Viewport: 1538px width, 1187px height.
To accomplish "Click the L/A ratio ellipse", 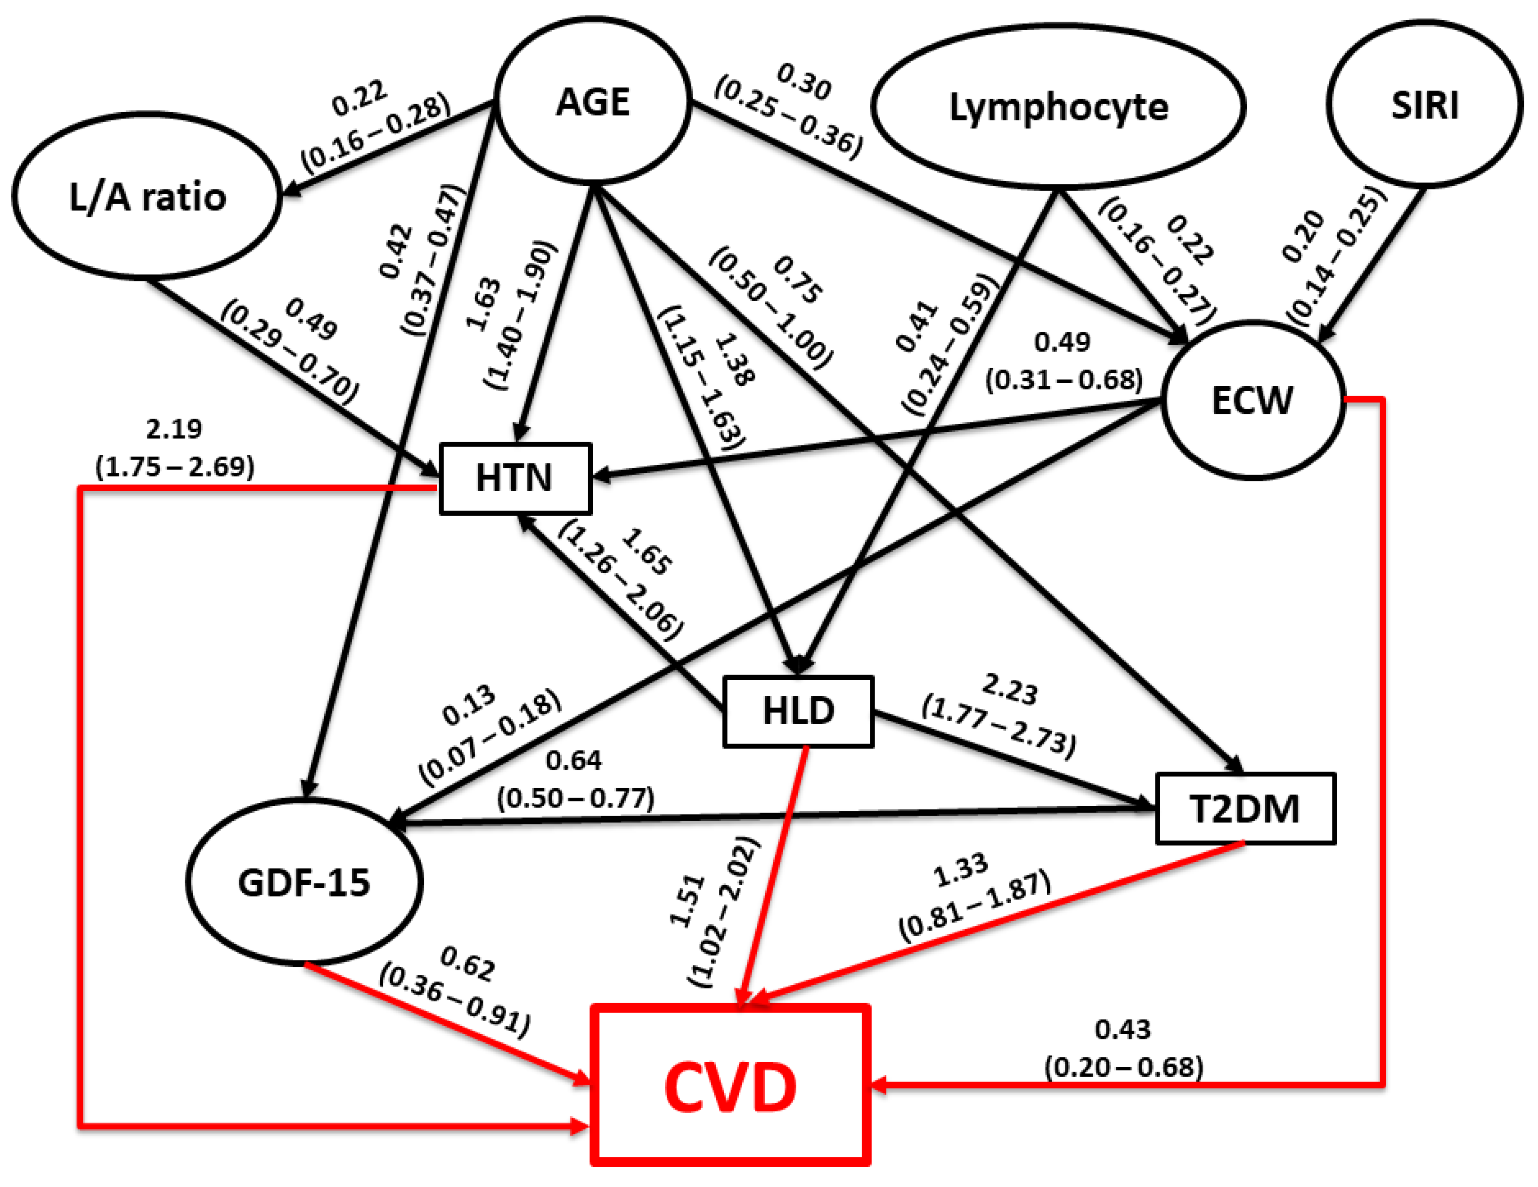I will click(x=147, y=196).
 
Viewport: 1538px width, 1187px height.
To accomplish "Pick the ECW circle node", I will click(x=1252, y=400).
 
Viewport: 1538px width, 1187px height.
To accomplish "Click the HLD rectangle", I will click(x=798, y=711).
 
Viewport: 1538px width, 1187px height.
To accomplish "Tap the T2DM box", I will click(x=1244, y=808).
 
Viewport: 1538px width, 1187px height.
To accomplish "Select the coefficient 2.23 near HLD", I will click(x=1010, y=689).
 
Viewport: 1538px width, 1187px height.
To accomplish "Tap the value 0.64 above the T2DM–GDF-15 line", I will click(x=574, y=760).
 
